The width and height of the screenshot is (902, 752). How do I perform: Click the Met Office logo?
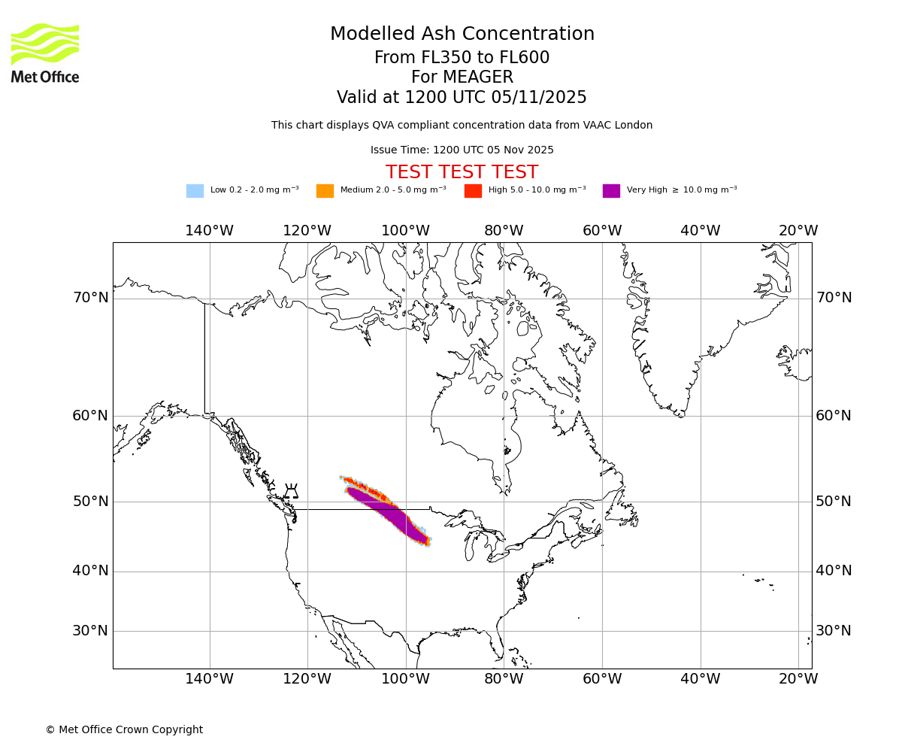tap(45, 53)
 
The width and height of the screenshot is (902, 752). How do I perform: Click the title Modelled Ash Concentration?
tap(462, 35)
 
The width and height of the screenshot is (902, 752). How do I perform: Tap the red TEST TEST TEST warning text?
tap(462, 172)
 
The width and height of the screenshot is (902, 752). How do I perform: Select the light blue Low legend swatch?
tap(195, 191)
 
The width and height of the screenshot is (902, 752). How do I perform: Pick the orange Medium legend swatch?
tap(325, 191)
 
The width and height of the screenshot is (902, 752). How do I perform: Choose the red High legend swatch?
tap(473, 191)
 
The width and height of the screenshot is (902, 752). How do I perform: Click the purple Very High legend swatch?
tap(611, 191)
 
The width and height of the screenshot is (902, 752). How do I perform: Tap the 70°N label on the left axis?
tap(90, 298)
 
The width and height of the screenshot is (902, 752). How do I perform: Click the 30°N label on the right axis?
tap(834, 631)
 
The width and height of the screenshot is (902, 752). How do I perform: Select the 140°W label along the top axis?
tap(209, 231)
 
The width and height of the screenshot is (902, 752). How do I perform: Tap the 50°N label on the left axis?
tap(90, 502)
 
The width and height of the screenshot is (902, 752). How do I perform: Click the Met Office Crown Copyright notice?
tap(124, 730)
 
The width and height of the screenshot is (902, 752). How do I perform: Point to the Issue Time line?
tap(462, 150)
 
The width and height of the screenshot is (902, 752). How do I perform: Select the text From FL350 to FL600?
tap(462, 58)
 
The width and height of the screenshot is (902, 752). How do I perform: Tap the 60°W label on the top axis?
tap(602, 231)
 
